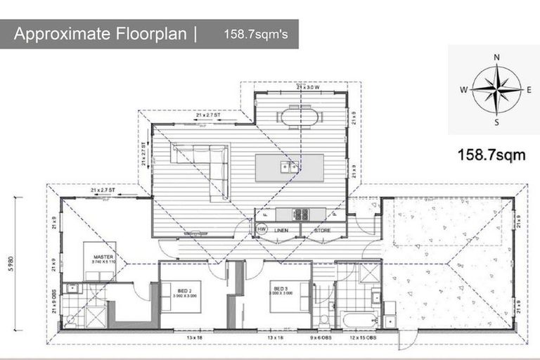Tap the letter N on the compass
click(x=496, y=57)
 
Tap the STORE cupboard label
click(x=323, y=230)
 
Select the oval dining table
click(x=300, y=116)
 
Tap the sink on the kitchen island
click(x=289, y=167)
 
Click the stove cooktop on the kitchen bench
click(x=301, y=214)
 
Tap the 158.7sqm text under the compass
click(x=491, y=155)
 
